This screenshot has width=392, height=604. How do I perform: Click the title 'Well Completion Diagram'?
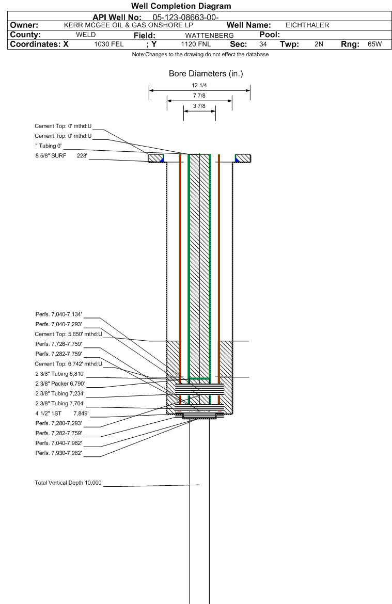(x=181, y=6)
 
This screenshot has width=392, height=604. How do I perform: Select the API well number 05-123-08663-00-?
(x=186, y=17)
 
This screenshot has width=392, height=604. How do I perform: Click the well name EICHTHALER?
(x=307, y=25)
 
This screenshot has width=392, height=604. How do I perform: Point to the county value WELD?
(x=86, y=35)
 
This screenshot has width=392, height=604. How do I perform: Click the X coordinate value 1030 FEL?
(x=109, y=44)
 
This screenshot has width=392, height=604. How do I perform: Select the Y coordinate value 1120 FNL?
(x=196, y=44)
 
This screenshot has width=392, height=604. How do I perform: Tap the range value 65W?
(x=374, y=44)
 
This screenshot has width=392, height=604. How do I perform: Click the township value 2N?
(x=319, y=44)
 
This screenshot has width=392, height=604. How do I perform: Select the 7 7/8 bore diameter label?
(x=199, y=96)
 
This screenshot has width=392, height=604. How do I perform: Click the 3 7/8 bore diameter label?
(x=199, y=106)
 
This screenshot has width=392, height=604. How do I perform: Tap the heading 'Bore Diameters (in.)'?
(x=206, y=74)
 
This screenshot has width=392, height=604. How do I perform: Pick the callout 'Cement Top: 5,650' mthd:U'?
(x=69, y=334)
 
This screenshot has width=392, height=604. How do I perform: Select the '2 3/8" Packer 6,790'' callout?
(x=60, y=384)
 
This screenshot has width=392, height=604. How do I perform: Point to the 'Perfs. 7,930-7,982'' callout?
(x=59, y=453)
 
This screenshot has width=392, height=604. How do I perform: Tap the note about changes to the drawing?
(x=200, y=55)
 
